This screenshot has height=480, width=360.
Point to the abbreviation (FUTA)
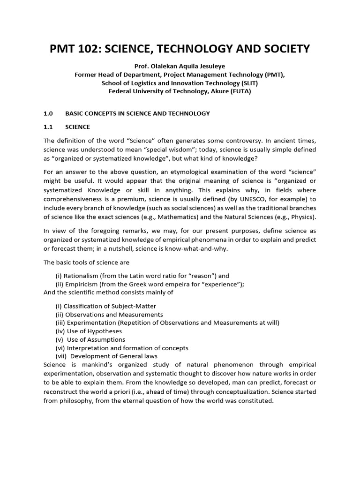pyautogui.click(x=240, y=91)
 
